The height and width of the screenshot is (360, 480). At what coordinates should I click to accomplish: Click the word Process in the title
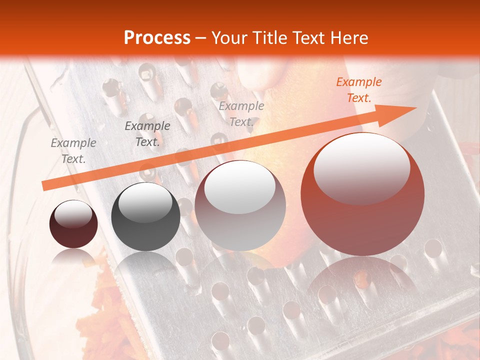click(157, 38)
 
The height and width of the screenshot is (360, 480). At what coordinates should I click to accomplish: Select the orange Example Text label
click(358, 90)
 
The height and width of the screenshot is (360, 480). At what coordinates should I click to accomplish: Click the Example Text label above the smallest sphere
click(73, 151)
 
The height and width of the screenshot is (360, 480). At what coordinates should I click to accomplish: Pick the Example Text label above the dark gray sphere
click(147, 134)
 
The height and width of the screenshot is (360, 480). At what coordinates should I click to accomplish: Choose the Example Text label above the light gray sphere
click(241, 113)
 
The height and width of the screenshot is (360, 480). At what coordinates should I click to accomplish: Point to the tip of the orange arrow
click(416, 108)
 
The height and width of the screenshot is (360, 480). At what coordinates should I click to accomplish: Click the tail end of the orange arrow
click(44, 186)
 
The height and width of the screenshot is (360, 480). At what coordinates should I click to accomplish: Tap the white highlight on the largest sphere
click(361, 167)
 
